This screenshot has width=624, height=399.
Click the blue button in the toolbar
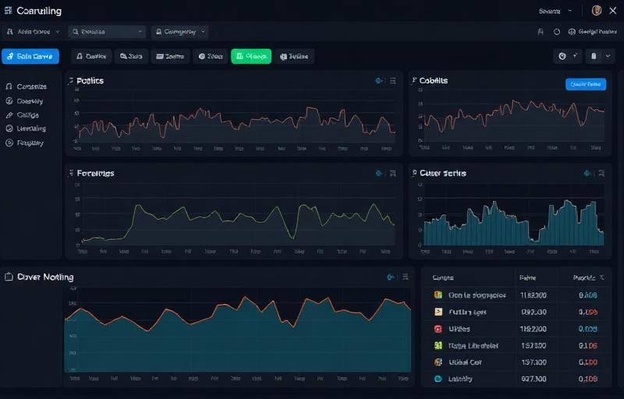[x=30, y=56]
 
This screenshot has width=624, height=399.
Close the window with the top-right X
[x=612, y=10]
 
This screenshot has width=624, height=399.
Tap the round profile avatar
[x=597, y=10]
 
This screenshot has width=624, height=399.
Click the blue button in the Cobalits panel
[x=585, y=84]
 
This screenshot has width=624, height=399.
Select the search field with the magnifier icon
[x=107, y=32]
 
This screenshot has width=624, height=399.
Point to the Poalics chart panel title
[x=90, y=81]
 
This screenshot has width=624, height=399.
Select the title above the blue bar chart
[x=442, y=173]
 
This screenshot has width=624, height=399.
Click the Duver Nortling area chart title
[x=45, y=277]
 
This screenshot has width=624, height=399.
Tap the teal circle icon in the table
[x=438, y=379]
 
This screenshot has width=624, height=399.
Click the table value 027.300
[x=533, y=380]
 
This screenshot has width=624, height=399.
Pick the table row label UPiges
[x=461, y=329]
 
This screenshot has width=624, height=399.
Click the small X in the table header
[x=599, y=277]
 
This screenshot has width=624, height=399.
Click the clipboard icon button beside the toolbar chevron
[x=594, y=56]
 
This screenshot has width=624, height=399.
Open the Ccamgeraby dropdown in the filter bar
[x=181, y=32]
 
